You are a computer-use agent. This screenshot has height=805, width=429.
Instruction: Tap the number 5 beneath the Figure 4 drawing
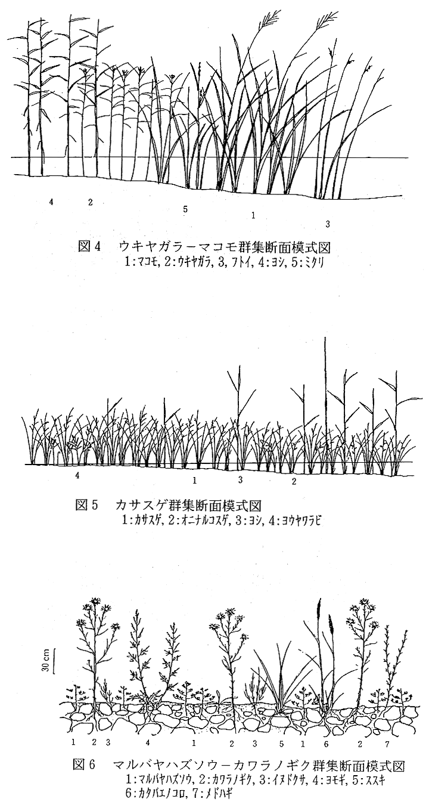coord(185,209)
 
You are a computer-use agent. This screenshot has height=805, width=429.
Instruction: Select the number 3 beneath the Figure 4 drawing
coord(327,224)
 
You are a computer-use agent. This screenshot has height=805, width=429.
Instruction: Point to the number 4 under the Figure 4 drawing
coord(51,202)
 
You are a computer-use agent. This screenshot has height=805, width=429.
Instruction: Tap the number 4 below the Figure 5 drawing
coord(77,475)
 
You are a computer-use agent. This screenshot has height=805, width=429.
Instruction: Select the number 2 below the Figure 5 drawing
coord(294,482)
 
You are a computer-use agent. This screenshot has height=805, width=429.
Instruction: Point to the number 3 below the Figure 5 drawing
coord(240,479)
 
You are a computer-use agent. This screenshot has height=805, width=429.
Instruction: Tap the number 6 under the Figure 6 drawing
coord(327,750)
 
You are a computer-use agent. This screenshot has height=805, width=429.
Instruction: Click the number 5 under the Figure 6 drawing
coord(281,750)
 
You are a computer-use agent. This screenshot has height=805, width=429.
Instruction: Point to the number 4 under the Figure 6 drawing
coord(148,750)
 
